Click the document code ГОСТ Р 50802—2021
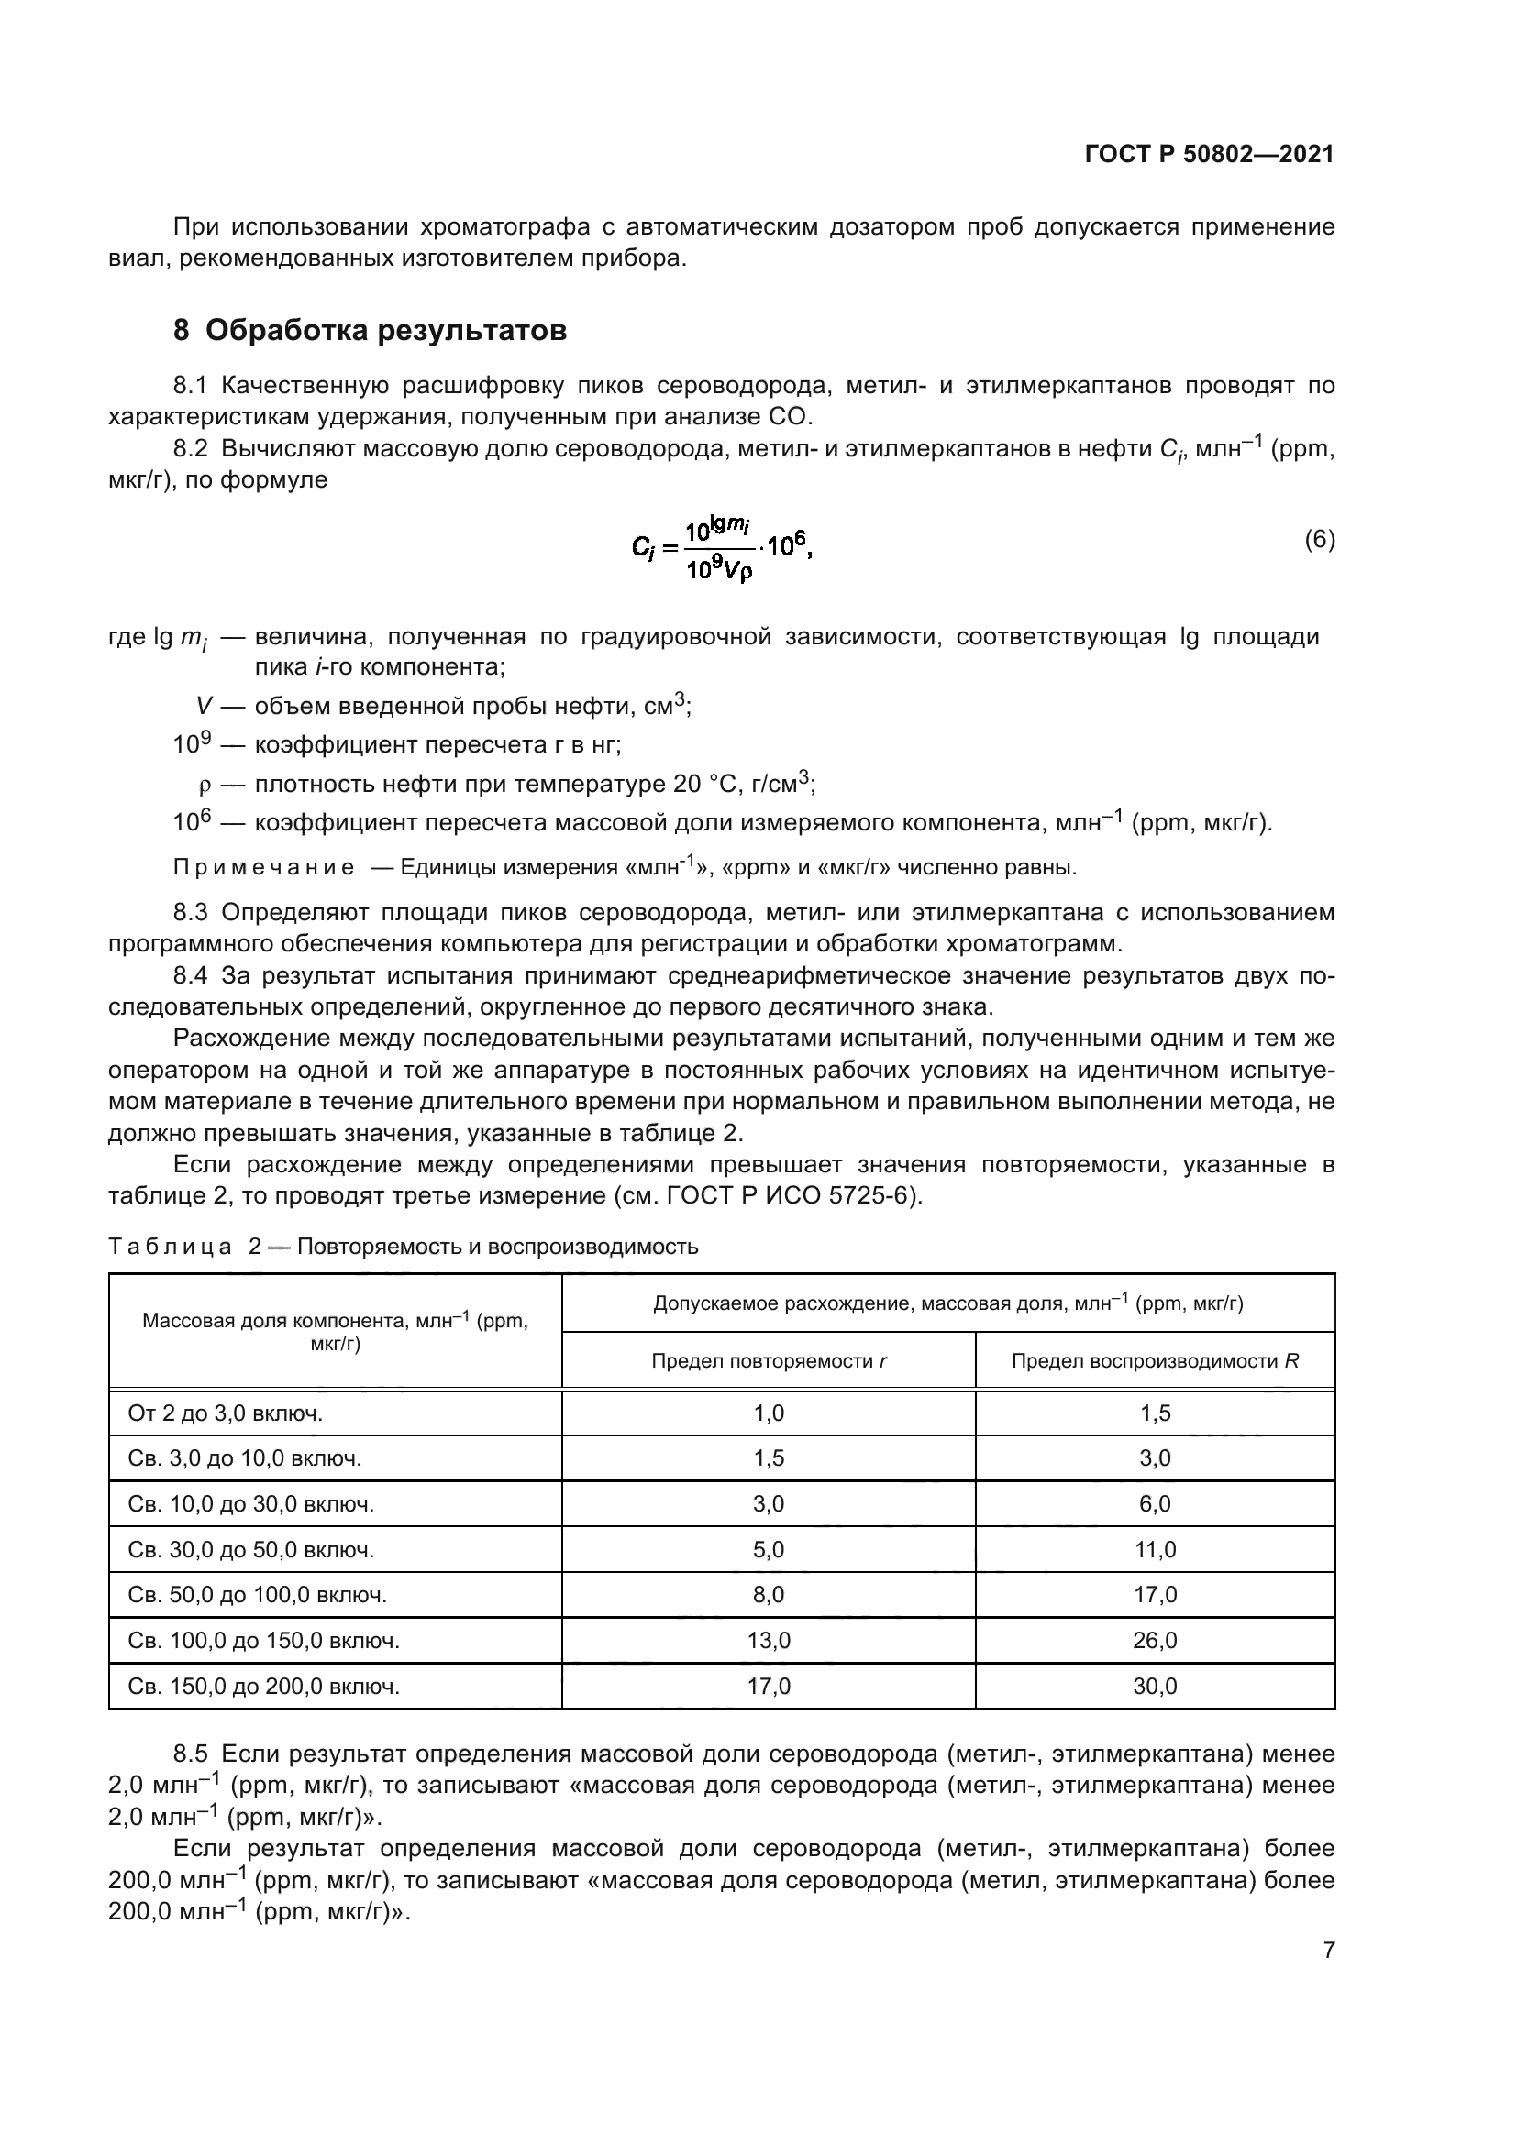[x=1209, y=155]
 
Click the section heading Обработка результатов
[x=385, y=331]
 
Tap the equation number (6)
[x=1319, y=540]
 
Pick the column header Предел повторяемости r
[x=768, y=1360]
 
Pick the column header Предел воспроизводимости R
[x=1155, y=1360]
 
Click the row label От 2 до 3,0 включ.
[x=225, y=1413]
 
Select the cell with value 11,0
[x=1155, y=1550]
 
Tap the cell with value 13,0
[x=768, y=1641]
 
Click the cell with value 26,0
[x=1155, y=1641]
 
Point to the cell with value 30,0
[x=1155, y=1687]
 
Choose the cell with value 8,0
[x=768, y=1595]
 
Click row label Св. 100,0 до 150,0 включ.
[x=263, y=1641]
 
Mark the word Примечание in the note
[x=263, y=867]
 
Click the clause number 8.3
[x=194, y=912]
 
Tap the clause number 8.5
[x=194, y=1754]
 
